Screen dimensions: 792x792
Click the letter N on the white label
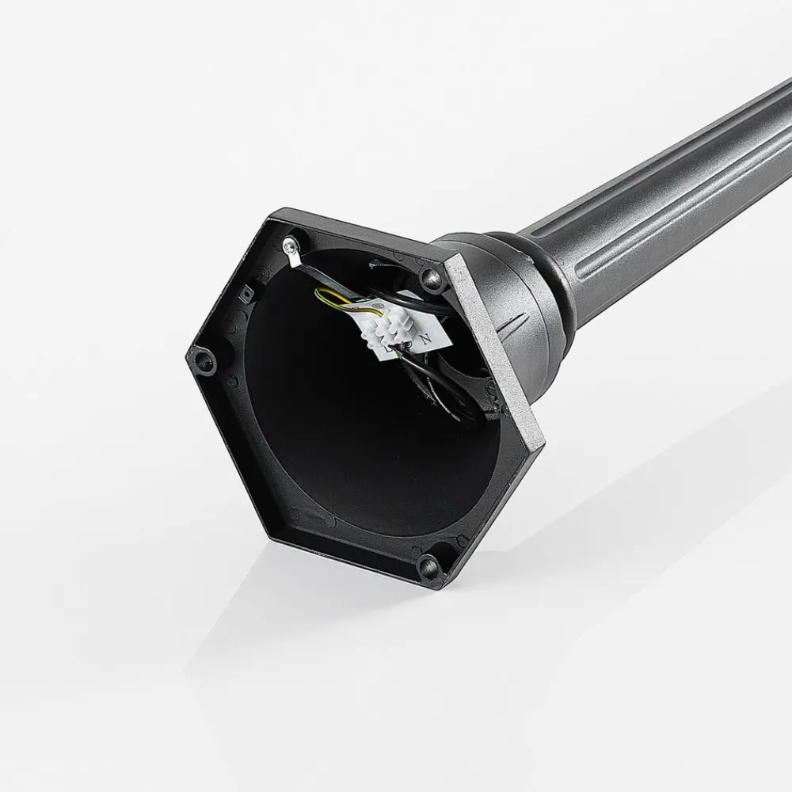pyautogui.click(x=425, y=339)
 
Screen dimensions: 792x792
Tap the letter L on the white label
pyautogui.click(x=387, y=346)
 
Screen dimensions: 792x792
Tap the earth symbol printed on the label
pyautogui.click(x=406, y=345)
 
